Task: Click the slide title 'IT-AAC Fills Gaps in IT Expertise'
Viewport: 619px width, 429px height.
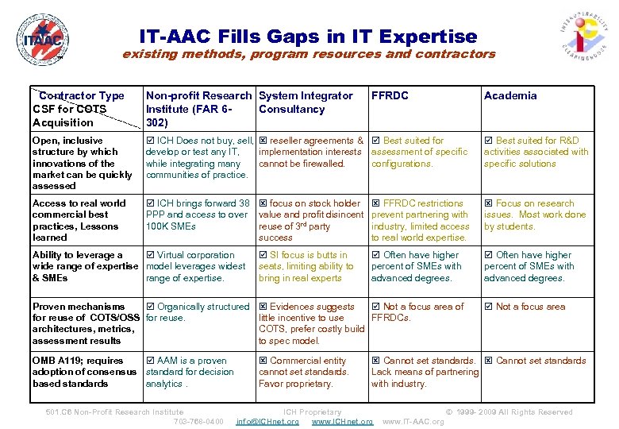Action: tap(308, 37)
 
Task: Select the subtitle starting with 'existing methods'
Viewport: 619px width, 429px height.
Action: tap(308, 55)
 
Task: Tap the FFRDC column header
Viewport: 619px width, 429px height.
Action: tap(390, 95)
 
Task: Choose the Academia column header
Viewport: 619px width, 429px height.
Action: tap(510, 95)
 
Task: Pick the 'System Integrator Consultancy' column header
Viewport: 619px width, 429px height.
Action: tap(306, 102)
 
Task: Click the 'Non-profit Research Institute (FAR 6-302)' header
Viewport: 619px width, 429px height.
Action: tap(198, 109)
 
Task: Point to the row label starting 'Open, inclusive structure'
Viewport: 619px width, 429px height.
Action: tap(83, 163)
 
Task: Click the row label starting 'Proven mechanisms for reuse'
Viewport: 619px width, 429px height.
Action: tap(83, 323)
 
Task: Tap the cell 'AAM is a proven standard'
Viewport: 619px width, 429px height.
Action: tap(190, 372)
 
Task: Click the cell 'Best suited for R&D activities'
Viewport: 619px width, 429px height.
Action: tap(536, 152)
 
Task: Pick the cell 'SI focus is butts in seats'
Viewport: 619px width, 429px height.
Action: tap(306, 266)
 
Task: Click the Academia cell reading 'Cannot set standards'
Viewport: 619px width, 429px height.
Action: tap(535, 361)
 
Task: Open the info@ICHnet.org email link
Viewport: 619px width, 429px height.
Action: tap(267, 421)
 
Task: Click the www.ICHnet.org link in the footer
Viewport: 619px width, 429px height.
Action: tap(342, 421)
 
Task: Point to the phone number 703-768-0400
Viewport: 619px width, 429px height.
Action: tap(198, 421)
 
